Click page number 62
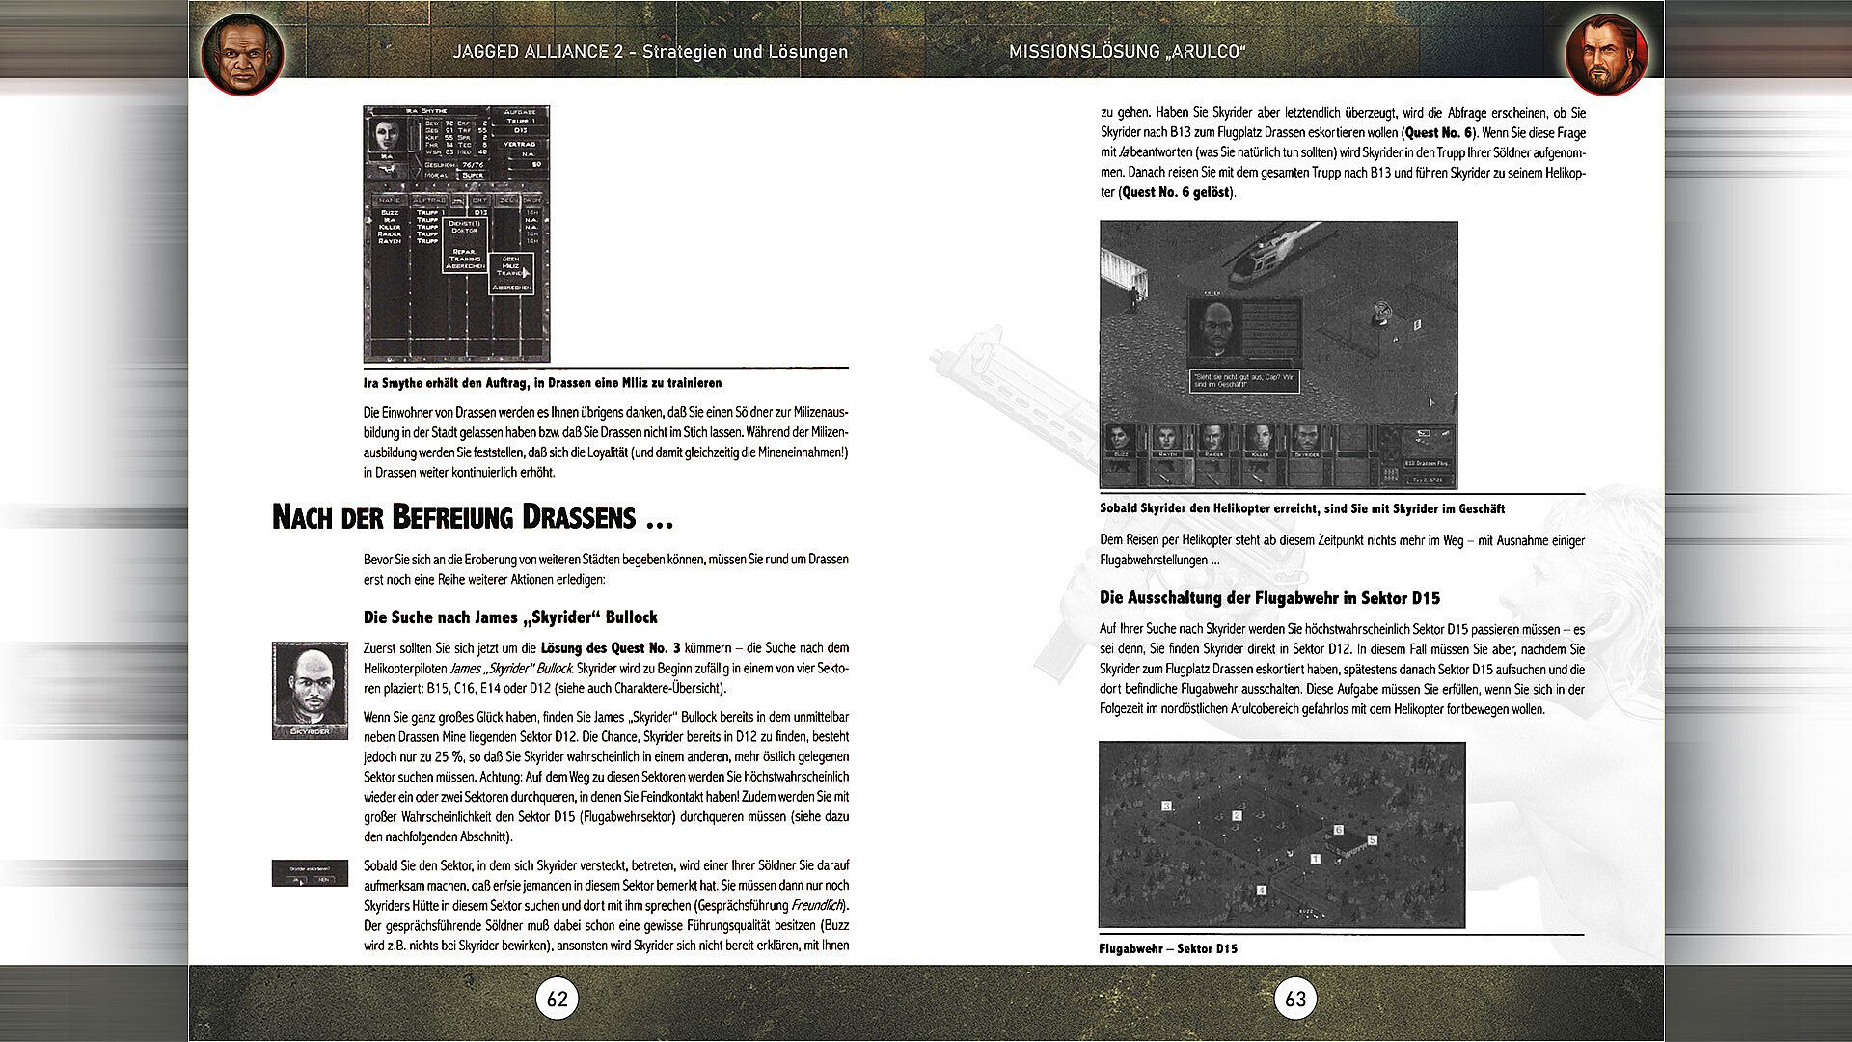(558, 999)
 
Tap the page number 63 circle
(1294, 999)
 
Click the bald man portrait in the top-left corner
(243, 54)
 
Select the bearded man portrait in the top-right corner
(1608, 54)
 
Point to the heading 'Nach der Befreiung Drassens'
(472, 518)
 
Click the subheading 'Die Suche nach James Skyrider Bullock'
(510, 617)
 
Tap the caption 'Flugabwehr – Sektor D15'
(1167, 948)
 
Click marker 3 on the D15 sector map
(1166, 806)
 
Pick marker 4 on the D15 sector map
(1262, 890)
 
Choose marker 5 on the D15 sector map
(1372, 840)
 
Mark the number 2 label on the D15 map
(1237, 816)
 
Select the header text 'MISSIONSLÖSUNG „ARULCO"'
(1127, 51)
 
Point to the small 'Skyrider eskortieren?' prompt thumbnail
(310, 873)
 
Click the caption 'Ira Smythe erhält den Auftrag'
(542, 383)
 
